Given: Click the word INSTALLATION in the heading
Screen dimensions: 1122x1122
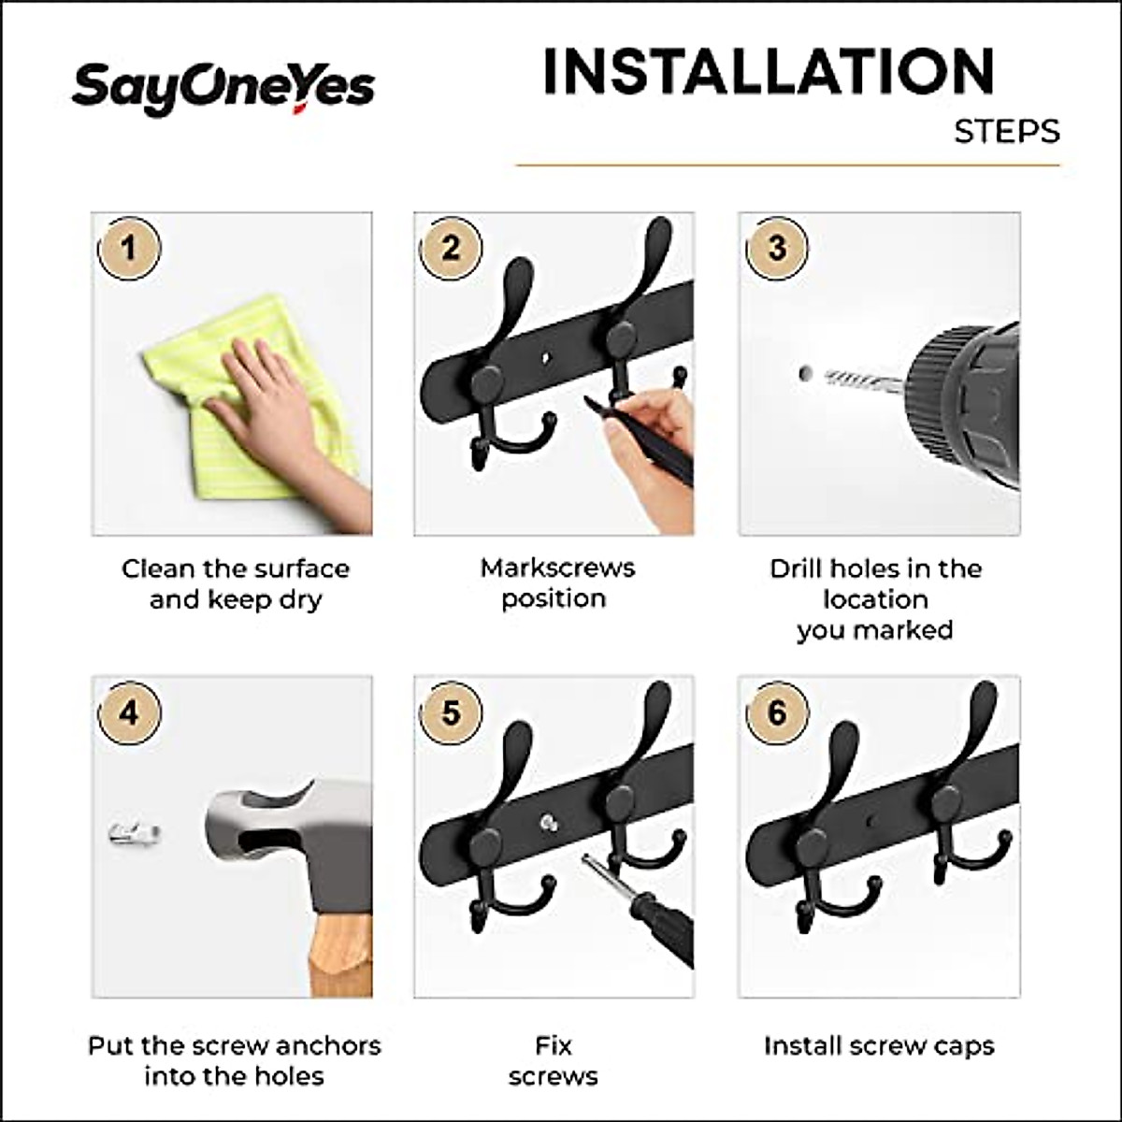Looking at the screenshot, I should coord(768,72).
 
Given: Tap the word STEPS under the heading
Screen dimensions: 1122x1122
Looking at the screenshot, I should coord(1007,131).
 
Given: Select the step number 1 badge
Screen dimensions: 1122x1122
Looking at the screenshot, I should coord(129,249).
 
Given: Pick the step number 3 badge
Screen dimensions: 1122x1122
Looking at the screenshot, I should coord(777,249).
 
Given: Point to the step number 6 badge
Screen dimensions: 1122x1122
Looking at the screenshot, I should coord(777,713).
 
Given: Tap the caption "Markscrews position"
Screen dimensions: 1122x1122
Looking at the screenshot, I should coord(557,583).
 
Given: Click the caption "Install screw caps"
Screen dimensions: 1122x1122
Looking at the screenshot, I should coord(879,1045).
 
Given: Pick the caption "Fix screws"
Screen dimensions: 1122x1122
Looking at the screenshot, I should coord(554,1060).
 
